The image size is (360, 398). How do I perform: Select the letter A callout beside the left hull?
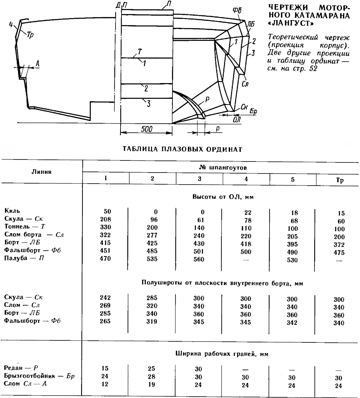click(38, 63)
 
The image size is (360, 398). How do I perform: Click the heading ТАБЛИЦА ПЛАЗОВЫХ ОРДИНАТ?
click(182, 149)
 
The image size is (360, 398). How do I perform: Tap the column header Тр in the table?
click(340, 180)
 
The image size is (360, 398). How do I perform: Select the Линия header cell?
click(42, 172)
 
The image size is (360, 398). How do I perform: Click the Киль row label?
click(12, 211)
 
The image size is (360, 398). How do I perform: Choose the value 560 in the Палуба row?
click(199, 259)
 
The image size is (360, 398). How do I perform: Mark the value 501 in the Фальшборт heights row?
click(199, 251)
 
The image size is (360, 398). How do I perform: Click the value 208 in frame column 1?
click(105, 219)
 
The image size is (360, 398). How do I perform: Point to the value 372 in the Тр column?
click(339, 245)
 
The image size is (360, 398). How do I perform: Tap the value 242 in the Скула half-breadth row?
click(105, 297)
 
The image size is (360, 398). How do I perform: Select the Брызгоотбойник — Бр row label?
click(39, 376)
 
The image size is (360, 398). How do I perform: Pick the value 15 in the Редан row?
click(105, 368)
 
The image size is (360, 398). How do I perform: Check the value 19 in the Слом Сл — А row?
click(152, 384)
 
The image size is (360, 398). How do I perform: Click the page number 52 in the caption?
click(313, 69)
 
